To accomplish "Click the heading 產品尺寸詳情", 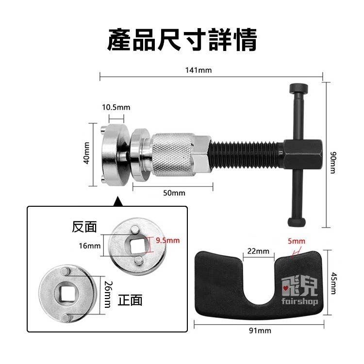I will pos(182,40).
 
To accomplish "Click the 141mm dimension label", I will pos(199,70).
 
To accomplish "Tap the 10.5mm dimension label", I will pos(116,107).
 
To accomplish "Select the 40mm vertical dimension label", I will pos(87,154).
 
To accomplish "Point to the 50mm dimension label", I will pos(174,193).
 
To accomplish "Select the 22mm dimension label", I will pos(258,251).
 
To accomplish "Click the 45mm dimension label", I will pos(333,282).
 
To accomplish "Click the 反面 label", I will pos(84,227).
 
